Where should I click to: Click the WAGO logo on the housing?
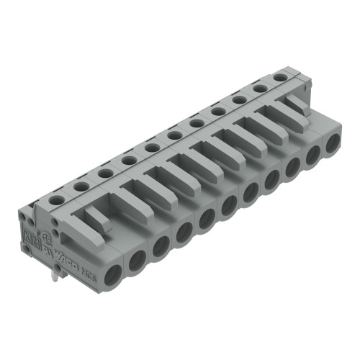[x=73, y=258]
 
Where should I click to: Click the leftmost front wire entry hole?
[x=113, y=273]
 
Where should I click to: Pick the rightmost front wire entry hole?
[x=332, y=142]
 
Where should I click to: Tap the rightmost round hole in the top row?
[x=279, y=76]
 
